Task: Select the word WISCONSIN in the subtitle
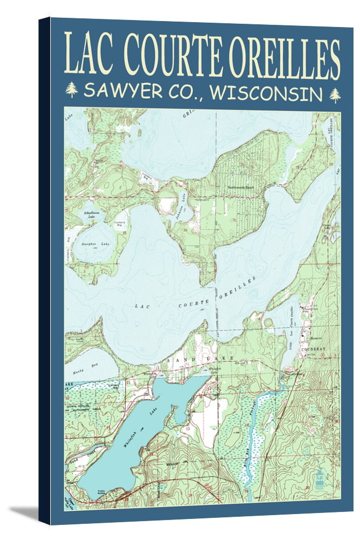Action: point(266,92)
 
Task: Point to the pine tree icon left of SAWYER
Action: point(71,90)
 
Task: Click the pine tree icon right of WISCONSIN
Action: point(335,94)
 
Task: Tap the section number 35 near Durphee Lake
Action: point(125,233)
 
